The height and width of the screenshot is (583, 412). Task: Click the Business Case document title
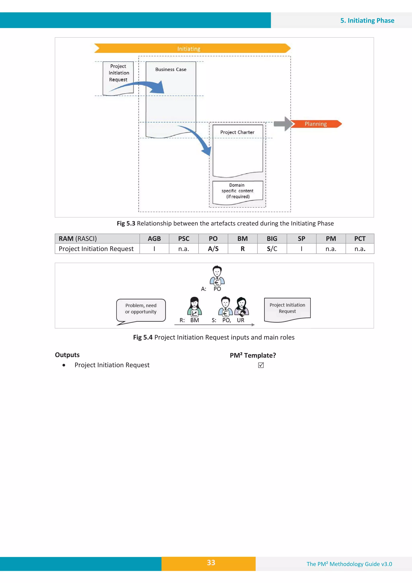click(171, 69)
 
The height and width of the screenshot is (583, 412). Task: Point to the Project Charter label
click(237, 132)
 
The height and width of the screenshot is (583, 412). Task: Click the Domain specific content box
click(237, 191)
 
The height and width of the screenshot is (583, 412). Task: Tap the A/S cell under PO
click(213, 249)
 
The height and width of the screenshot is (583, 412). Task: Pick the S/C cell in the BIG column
click(272, 249)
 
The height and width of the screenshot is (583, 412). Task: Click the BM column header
click(242, 239)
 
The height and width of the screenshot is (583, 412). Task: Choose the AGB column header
click(154, 239)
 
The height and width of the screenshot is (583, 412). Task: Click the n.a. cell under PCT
click(360, 249)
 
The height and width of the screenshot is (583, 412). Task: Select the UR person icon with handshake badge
click(241, 306)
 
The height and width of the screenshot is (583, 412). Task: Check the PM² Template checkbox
click(261, 365)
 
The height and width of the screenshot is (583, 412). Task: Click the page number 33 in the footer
click(211, 562)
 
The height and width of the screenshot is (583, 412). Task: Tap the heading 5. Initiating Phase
click(367, 21)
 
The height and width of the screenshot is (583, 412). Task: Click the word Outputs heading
click(67, 355)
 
